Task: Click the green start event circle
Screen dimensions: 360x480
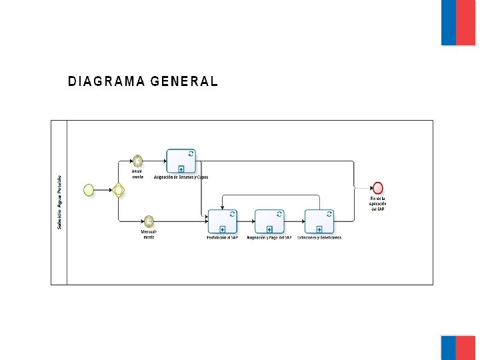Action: pos(89,190)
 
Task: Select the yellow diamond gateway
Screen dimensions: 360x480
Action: pos(119,190)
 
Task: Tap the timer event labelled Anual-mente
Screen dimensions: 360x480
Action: pos(137,161)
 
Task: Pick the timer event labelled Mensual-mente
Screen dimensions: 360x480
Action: pos(149,221)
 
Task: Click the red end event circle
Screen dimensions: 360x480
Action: pos(378,188)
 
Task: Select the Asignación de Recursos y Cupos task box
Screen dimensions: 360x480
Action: pos(181,161)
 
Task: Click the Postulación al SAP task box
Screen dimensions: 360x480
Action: pos(222,221)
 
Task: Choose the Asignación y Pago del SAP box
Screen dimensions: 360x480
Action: pos(269,221)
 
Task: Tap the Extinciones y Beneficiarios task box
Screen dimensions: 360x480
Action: pos(319,221)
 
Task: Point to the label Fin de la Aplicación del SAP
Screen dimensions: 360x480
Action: pos(378,204)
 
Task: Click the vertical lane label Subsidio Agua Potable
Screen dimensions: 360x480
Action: pos(59,203)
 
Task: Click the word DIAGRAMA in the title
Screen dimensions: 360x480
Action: pos(106,82)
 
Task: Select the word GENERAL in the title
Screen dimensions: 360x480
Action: pos(184,82)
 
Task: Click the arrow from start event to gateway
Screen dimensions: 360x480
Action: pos(103,190)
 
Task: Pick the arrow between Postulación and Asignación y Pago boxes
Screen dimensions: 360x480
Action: pos(246,221)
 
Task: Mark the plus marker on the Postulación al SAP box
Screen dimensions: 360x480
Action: pos(222,229)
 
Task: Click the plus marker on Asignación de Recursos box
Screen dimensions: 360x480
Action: pos(181,169)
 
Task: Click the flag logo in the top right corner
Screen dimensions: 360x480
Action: pos(458,23)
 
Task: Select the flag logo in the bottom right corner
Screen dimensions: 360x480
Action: pos(458,347)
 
